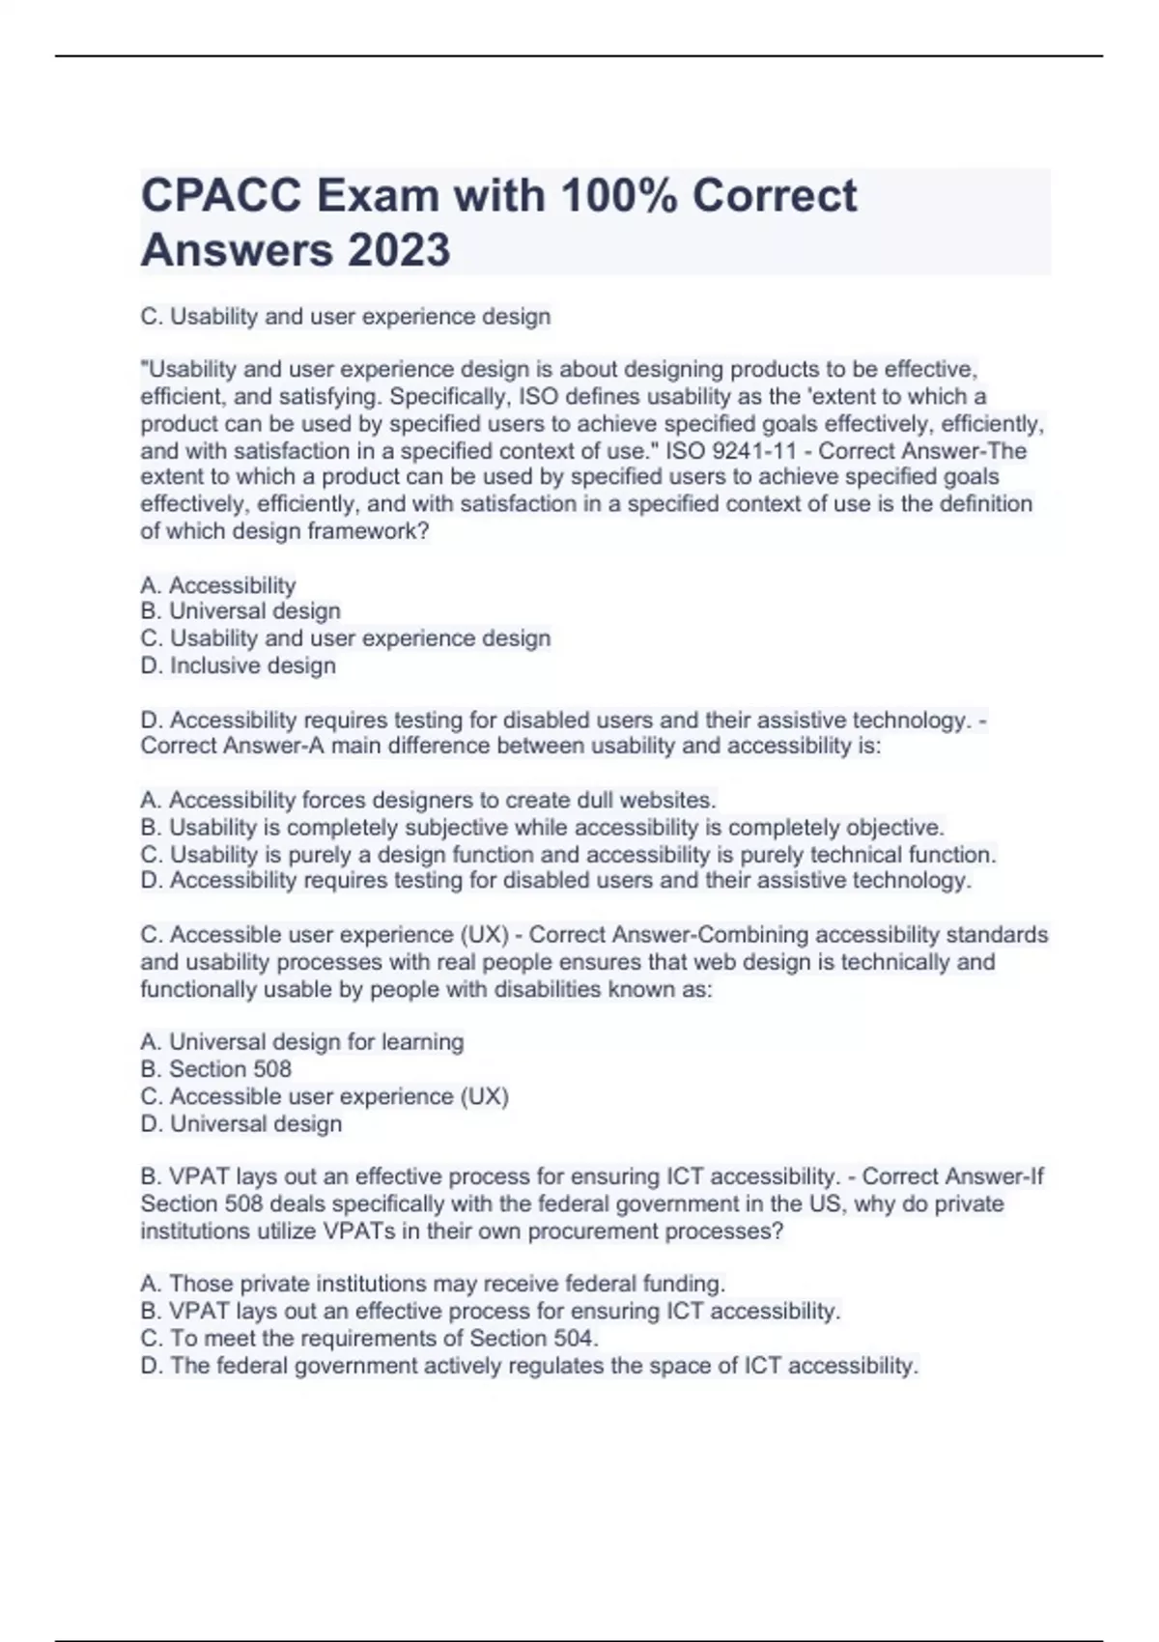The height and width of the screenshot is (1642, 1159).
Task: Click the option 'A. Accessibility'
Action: coord(218,585)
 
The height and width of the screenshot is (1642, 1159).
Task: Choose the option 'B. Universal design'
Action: coord(240,611)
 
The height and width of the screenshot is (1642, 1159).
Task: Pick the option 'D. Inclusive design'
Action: coord(239,665)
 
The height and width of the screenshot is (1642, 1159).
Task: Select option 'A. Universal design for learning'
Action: coord(302,1042)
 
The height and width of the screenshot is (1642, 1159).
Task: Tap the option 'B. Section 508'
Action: coord(216,1069)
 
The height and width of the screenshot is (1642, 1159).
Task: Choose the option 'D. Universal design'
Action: coord(241,1123)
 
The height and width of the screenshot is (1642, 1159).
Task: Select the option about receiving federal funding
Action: coord(433,1285)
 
